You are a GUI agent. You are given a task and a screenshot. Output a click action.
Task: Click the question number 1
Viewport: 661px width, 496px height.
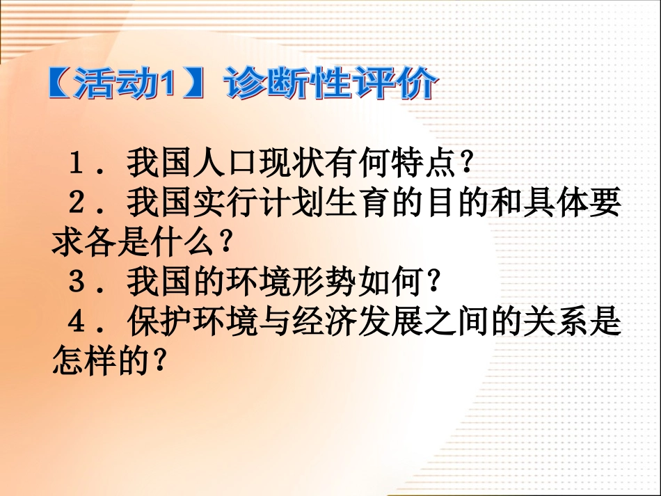(77, 164)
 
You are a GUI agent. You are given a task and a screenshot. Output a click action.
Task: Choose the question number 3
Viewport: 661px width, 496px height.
(77, 282)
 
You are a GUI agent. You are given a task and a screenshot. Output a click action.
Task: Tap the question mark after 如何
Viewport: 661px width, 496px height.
(434, 282)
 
